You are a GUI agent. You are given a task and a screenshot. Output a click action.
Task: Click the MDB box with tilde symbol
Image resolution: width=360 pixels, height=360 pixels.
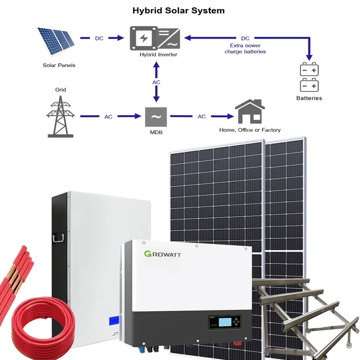pyautogui.click(x=156, y=117)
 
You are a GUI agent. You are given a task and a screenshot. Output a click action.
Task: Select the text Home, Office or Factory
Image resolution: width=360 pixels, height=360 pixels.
pyautogui.click(x=250, y=130)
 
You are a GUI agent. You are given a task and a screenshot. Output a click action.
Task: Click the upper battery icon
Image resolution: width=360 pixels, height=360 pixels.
pyautogui.click(x=309, y=70)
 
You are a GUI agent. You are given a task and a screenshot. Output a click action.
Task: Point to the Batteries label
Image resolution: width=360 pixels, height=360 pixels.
pyautogui.click(x=309, y=98)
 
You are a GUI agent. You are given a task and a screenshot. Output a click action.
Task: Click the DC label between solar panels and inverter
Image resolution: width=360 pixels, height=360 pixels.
pyautogui.click(x=99, y=38)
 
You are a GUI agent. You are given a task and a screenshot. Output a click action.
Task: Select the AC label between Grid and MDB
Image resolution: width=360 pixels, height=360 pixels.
pyautogui.click(x=108, y=117)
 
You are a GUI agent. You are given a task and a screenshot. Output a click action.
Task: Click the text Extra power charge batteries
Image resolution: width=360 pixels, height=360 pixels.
pyautogui.click(x=245, y=49)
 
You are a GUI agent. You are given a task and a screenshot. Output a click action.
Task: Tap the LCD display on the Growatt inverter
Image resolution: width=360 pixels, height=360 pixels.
pyautogui.click(x=225, y=323)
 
